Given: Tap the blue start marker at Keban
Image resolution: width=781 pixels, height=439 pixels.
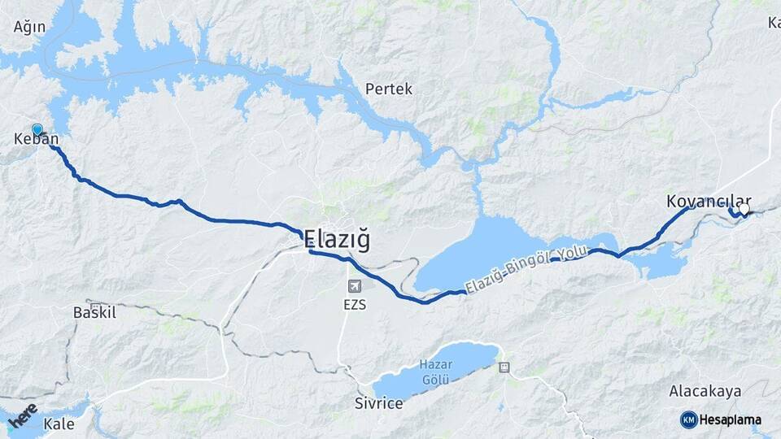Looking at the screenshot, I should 37,129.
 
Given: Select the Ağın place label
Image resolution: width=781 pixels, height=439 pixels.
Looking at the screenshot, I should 28,27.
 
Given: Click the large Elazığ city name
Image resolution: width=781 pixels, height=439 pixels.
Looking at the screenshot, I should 337,241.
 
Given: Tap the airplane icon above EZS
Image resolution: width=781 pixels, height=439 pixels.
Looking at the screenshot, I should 354,285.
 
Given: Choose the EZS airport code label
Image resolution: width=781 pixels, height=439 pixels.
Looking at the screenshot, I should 354,305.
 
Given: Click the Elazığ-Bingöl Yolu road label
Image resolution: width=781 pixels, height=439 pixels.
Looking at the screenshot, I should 525,268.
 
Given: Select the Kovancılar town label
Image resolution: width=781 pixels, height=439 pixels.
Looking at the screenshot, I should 708,200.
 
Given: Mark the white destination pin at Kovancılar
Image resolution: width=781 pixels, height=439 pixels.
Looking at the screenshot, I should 744,209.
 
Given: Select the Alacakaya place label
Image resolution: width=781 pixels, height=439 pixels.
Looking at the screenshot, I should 705,392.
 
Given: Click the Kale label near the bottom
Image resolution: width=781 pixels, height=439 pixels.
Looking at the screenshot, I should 59,424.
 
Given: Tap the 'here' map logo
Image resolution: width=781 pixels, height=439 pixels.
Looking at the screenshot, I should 22,415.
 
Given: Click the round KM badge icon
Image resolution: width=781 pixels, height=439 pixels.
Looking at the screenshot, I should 688,419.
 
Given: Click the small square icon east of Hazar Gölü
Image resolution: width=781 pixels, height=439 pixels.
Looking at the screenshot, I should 504,367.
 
